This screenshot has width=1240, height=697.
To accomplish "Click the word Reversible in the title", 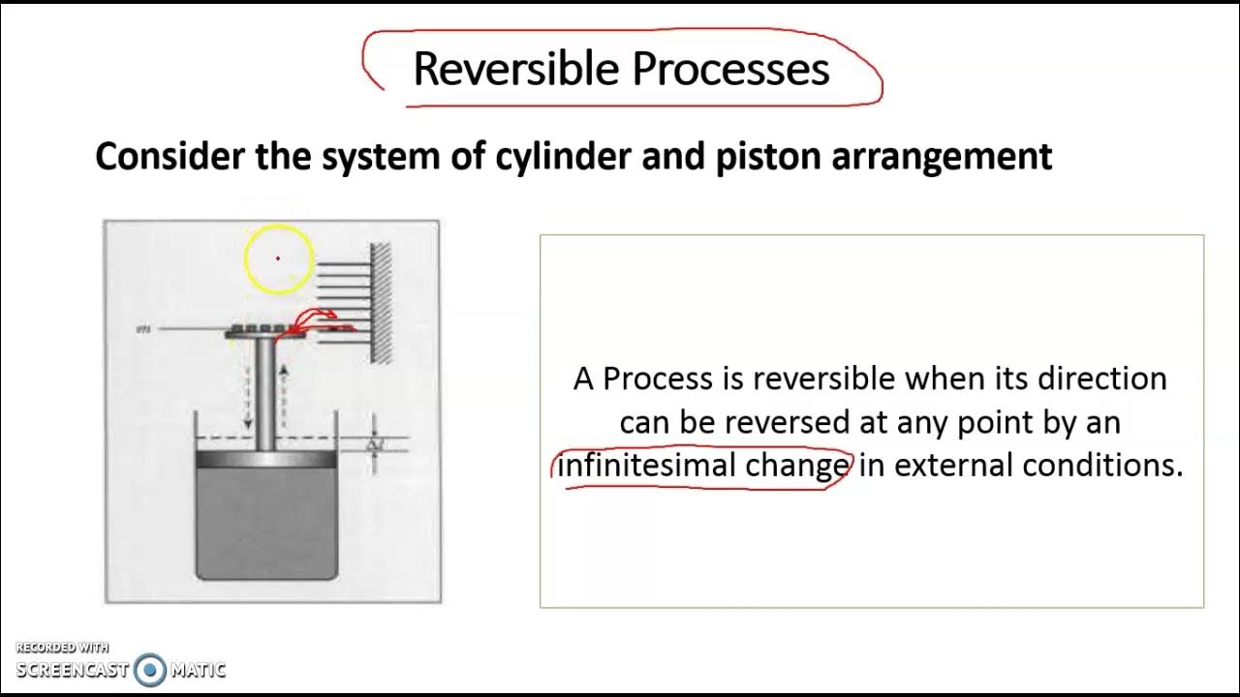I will click(515, 69).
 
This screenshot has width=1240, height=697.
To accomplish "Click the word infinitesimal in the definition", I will click(647, 466).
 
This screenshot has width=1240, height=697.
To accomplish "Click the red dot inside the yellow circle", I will click(278, 258).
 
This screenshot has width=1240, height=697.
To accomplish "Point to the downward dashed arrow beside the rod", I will click(248, 387).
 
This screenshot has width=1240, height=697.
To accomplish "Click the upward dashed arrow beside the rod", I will click(284, 397).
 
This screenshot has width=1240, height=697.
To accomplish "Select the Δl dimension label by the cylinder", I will click(375, 445).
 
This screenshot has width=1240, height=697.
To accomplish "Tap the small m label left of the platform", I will click(144, 330).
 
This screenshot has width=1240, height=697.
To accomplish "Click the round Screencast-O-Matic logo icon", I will click(150, 669).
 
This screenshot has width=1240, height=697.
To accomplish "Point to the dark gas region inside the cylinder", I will click(266, 523).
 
